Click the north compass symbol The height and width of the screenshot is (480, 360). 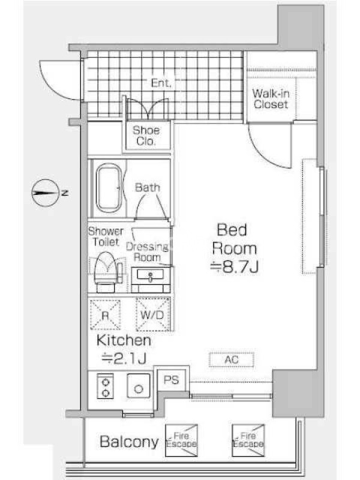coord(46,193)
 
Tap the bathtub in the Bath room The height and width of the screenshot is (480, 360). coord(109,188)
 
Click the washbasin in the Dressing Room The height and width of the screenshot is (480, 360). coord(151,275)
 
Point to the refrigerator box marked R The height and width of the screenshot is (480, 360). coord(105,314)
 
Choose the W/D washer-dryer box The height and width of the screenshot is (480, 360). coord(153,314)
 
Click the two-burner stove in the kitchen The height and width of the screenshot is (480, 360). coord(106,386)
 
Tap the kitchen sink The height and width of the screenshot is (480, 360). coord(139,386)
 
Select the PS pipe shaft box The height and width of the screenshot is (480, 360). coord(171,380)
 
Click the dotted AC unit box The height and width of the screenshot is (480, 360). coord(232,359)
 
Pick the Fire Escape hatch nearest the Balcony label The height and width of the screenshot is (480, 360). coord(181,440)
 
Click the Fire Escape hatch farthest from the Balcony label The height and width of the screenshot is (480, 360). coord(248,440)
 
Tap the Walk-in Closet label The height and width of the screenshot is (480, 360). coord(271,99)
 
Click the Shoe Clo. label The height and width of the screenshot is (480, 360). coord(146,136)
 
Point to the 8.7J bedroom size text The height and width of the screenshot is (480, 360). coord(235,267)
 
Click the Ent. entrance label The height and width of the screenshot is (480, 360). coord(161,83)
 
